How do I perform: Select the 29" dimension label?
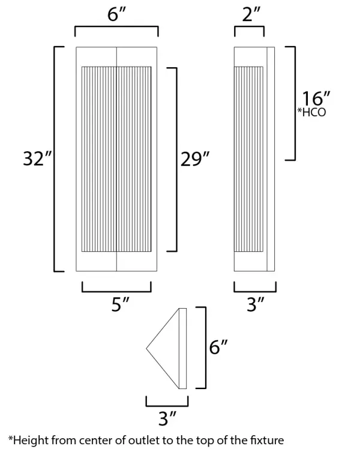click(195, 159)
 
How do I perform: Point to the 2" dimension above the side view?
click(250, 16)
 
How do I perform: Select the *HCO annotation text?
click(312, 112)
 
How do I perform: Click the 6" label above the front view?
click(116, 16)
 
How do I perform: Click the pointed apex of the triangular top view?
click(148, 348)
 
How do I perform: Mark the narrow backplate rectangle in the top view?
click(183, 348)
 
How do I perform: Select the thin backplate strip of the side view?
click(271, 159)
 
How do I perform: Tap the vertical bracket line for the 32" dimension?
click(55, 159)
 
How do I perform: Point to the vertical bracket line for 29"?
click(176, 159)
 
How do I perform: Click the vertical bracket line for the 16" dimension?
click(295, 103)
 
